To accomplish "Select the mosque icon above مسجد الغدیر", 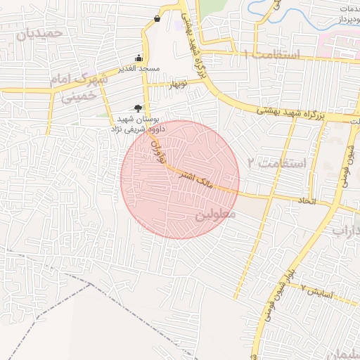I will click(140, 58).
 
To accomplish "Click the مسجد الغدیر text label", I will click(140, 69).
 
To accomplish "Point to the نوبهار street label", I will click(176, 84).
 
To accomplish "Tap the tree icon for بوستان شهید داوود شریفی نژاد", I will click(138, 108).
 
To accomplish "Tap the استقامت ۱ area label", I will click(271, 55).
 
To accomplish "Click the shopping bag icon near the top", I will click(156, 18).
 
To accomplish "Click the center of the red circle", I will click(180, 179).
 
